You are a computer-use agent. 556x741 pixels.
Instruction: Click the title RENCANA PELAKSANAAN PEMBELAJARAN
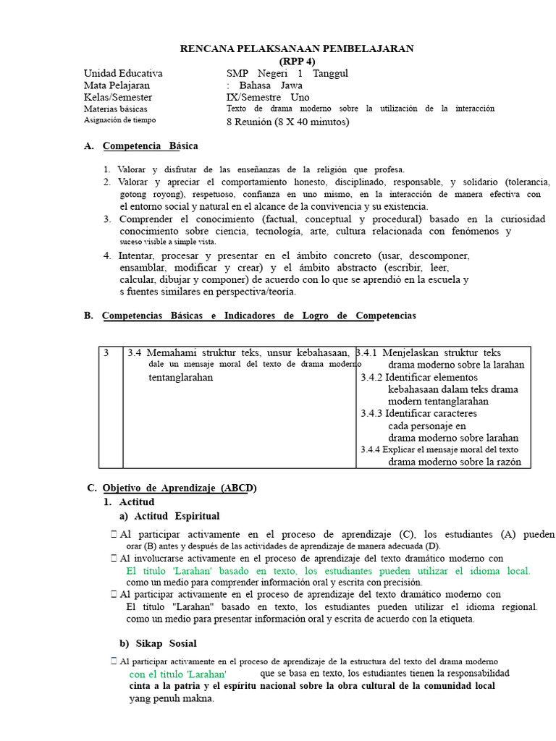point(297,48)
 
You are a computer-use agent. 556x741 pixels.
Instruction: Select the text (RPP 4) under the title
point(297,61)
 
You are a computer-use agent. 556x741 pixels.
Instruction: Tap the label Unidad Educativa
point(123,73)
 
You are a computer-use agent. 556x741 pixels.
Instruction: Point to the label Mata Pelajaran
point(117,85)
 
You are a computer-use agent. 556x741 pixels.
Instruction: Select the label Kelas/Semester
point(118,97)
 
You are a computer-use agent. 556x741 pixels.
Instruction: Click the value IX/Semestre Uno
point(267,97)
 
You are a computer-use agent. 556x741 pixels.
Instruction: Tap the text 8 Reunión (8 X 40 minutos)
point(287,122)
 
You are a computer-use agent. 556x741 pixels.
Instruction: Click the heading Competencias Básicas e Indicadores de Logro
point(259,316)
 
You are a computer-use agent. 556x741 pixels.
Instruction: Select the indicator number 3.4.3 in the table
point(371,413)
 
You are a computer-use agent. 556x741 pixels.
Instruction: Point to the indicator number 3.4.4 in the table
point(370,449)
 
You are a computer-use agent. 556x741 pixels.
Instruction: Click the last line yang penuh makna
point(172,698)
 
